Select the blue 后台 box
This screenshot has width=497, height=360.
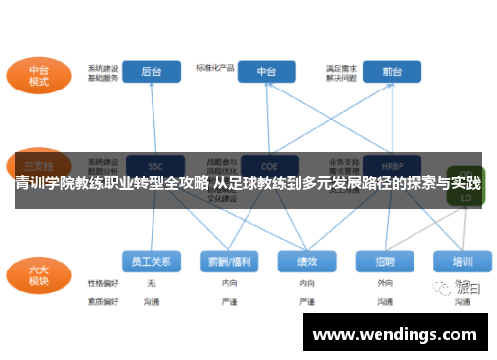click(x=152, y=71)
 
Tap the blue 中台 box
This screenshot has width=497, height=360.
click(x=267, y=71)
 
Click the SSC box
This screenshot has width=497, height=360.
click(x=153, y=165)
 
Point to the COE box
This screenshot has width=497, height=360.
click(x=267, y=165)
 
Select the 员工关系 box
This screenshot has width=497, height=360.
click(x=152, y=261)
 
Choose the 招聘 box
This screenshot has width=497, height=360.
click(x=385, y=261)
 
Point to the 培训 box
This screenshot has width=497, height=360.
click(x=462, y=261)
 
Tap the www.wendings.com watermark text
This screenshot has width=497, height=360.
click(x=395, y=334)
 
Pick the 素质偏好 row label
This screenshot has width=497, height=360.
click(x=102, y=299)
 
